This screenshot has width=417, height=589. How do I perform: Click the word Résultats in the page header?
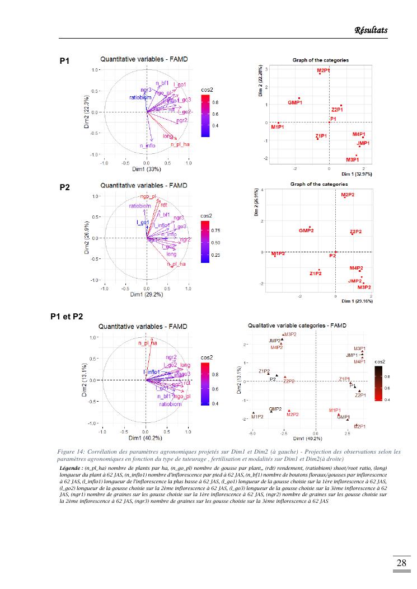point(371,30)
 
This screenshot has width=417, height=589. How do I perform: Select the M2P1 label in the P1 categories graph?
point(323,71)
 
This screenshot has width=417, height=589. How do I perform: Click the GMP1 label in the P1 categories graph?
point(295,103)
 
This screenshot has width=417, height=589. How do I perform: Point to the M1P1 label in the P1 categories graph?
point(278,127)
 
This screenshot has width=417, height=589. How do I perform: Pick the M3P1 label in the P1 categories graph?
point(352,160)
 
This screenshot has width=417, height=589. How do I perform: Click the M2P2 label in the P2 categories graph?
point(351,195)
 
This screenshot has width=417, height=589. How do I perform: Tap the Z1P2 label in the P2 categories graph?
point(316,274)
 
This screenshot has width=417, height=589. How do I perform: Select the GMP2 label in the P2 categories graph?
point(306,230)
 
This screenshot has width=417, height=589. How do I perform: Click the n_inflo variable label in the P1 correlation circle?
point(147,146)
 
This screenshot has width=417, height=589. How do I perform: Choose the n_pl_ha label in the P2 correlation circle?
point(175,264)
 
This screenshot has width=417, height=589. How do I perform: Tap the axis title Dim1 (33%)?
point(146,169)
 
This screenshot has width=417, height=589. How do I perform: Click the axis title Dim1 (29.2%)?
point(146,295)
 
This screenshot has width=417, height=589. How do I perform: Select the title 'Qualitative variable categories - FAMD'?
point(298,325)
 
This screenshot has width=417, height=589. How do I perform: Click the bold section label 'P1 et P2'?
point(67,317)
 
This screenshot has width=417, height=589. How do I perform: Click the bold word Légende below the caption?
point(71,467)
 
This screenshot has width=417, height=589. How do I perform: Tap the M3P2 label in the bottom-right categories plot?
point(289,334)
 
